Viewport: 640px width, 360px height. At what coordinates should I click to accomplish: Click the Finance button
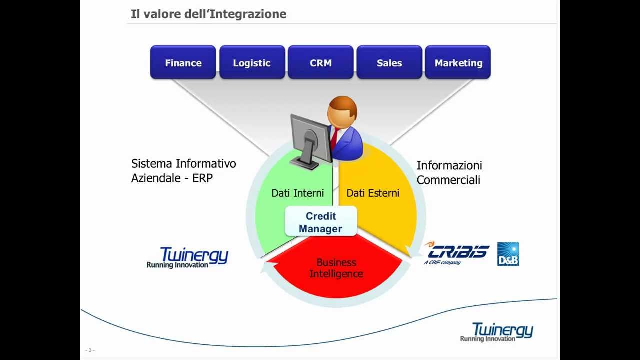click(183, 63)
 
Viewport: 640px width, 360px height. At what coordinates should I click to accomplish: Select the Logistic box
click(252, 63)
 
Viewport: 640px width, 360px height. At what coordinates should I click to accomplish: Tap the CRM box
click(320, 63)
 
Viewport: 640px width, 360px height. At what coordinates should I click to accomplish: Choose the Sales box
click(389, 63)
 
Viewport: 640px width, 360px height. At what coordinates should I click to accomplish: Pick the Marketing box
click(458, 63)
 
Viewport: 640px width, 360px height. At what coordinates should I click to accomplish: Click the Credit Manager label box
click(321, 222)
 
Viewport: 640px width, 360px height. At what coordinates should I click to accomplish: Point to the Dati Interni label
click(297, 193)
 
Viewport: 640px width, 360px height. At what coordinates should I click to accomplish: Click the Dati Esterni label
click(373, 193)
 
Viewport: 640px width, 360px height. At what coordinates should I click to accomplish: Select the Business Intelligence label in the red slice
click(336, 268)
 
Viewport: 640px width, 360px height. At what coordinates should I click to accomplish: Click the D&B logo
click(508, 254)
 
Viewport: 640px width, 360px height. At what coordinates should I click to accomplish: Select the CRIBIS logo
click(456, 253)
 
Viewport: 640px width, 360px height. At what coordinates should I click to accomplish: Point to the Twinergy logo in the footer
click(497, 332)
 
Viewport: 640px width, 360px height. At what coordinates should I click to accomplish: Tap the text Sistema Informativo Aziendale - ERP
click(183, 171)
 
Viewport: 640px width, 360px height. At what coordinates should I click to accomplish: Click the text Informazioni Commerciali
click(449, 172)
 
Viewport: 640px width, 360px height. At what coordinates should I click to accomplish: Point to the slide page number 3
click(90, 350)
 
